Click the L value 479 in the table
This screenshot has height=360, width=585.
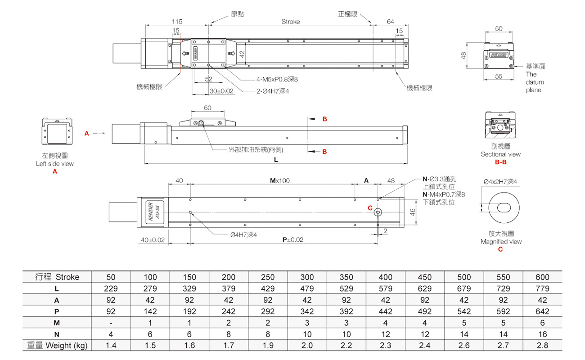pyautogui.click(x=307, y=288)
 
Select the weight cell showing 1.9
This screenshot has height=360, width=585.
pyautogui.click(x=268, y=345)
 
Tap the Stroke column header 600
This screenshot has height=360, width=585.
pyautogui.click(x=543, y=277)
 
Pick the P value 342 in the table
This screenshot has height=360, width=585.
pyautogui.click(x=307, y=311)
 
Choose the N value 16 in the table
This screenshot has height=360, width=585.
pyautogui.click(x=543, y=334)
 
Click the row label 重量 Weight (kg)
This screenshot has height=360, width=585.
pyautogui.click(x=57, y=345)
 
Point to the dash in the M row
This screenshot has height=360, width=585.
pyautogui.click(x=111, y=323)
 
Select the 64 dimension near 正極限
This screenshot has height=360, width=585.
pyautogui.click(x=390, y=21)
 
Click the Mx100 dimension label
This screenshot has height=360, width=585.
pyautogui.click(x=279, y=180)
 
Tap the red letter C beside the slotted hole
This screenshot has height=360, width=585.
pyautogui.click(x=370, y=208)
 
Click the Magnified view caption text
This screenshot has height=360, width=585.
pyautogui.click(x=501, y=242)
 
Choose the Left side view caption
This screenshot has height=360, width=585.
pyautogui.click(x=55, y=164)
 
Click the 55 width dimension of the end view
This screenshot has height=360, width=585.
pyautogui.click(x=499, y=76)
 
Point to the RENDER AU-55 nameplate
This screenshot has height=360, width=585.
pyautogui.click(x=154, y=210)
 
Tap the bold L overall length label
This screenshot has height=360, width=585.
pyautogui.click(x=276, y=160)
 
